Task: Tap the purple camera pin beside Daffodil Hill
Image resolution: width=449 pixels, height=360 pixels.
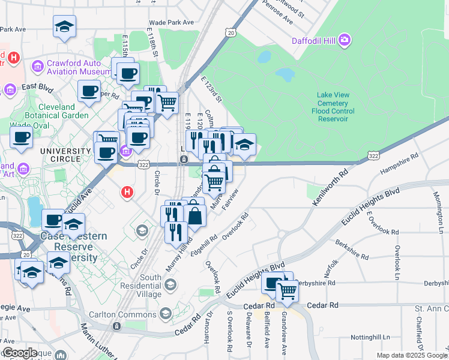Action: [345, 41]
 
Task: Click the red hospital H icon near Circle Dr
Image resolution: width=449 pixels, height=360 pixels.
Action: [127, 193]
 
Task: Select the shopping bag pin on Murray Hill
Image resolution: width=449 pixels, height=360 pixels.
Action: [194, 214]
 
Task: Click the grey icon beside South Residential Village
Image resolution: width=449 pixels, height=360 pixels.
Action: [171, 284]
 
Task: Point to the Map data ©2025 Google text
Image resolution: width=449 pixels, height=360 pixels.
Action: [411, 355]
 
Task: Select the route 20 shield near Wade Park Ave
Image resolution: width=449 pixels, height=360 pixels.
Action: [231, 33]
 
